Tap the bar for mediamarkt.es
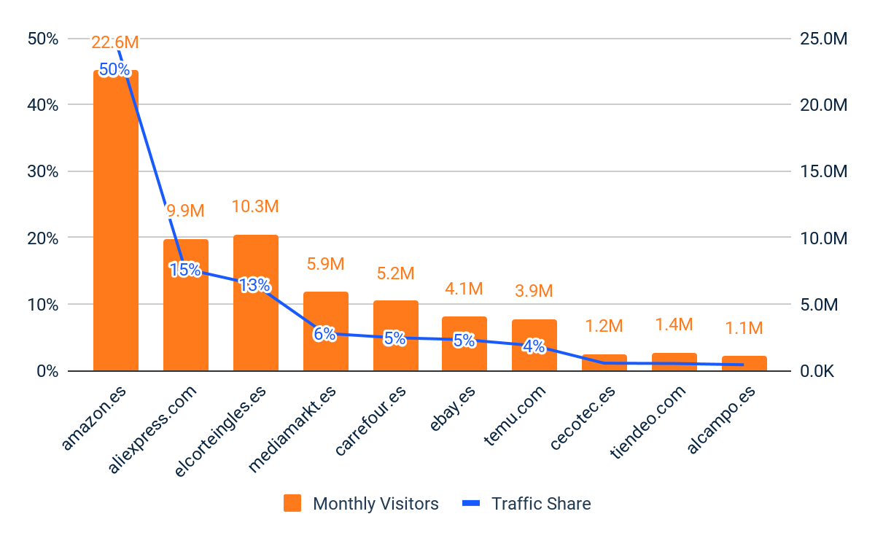pos(325,331)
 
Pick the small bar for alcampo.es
pos(744,363)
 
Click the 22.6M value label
pos(115,43)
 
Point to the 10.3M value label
pos(255,206)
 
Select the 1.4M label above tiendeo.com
pos(674,324)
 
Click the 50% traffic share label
pos(114,70)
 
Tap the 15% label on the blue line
pos(184,270)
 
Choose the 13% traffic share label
pos(254,285)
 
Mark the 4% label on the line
pos(534,347)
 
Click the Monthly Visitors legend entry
pos(362,504)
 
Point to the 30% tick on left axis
pos(43,171)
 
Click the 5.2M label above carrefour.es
pos(395,273)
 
